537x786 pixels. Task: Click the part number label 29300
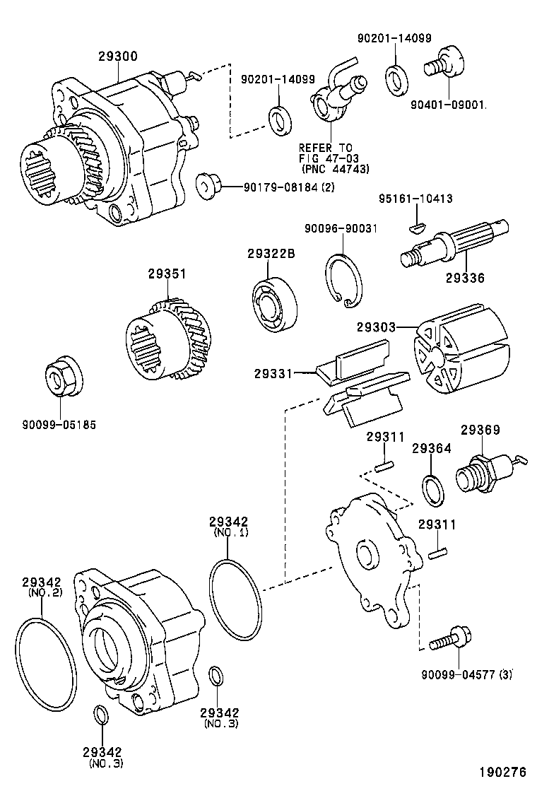(118, 56)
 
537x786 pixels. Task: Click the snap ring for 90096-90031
(344, 281)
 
